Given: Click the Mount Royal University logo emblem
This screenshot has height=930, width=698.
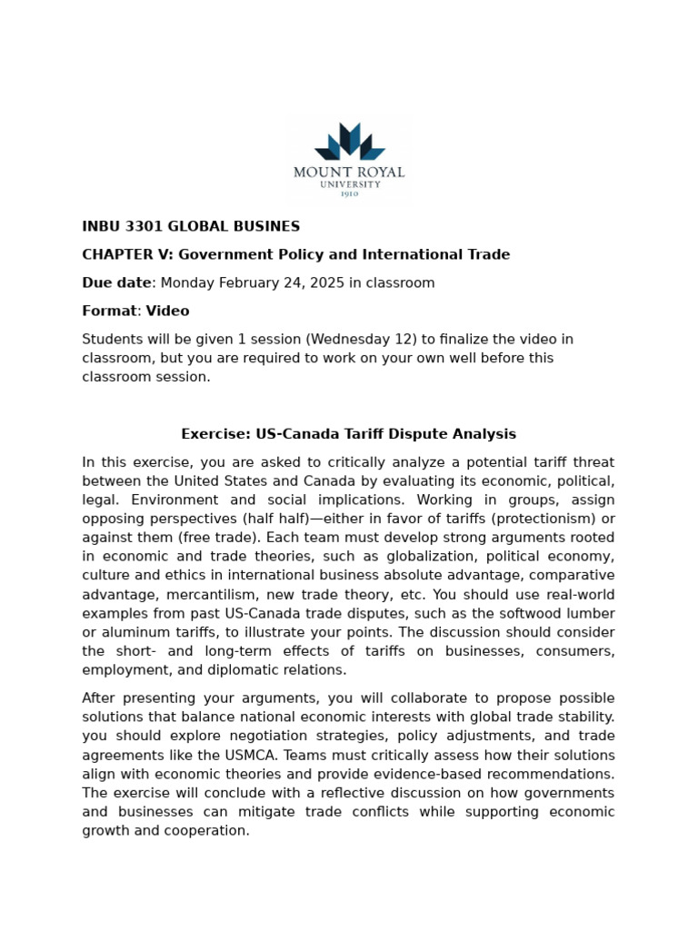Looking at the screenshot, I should [350, 142].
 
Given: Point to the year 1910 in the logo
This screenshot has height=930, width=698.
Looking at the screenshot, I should [349, 193].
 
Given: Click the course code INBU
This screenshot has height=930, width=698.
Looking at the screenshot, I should [100, 227].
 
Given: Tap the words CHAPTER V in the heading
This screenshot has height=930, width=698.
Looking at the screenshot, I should [122, 255].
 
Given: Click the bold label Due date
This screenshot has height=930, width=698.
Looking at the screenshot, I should [116, 283].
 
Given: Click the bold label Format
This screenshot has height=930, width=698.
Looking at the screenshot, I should [109, 312].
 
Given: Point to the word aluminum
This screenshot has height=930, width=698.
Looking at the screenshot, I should [130, 633].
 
